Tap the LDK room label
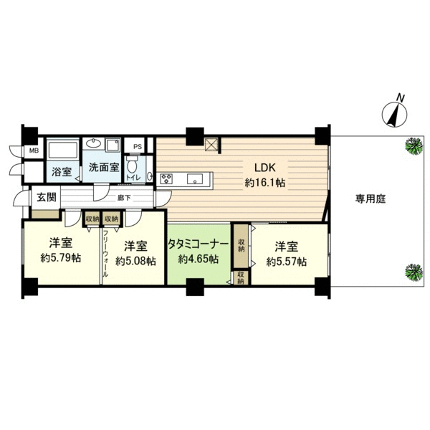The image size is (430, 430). tap(265, 168)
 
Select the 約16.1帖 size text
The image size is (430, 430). tap(265, 183)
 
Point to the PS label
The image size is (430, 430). tap(138, 147)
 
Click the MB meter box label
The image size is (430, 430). tap(34, 150)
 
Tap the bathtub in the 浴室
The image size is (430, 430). tap(63, 150)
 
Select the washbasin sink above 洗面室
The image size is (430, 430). tap(94, 143)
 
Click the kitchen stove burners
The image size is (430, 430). tap(166, 178)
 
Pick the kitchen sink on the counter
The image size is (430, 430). tap(195, 178)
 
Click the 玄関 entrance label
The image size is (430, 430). tap(47, 197)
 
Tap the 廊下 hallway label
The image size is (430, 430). tap(124, 198)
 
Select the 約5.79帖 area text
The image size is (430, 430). tap(61, 258)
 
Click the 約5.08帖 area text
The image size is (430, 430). tap(135, 261)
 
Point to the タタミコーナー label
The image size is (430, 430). tap(198, 244)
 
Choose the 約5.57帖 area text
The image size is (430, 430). tap(286, 262)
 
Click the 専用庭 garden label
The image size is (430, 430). tap(371, 199)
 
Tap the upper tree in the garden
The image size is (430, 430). tap(414, 146)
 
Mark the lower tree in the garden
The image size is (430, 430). tap(414, 272)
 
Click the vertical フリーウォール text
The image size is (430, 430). tap(105, 254)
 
